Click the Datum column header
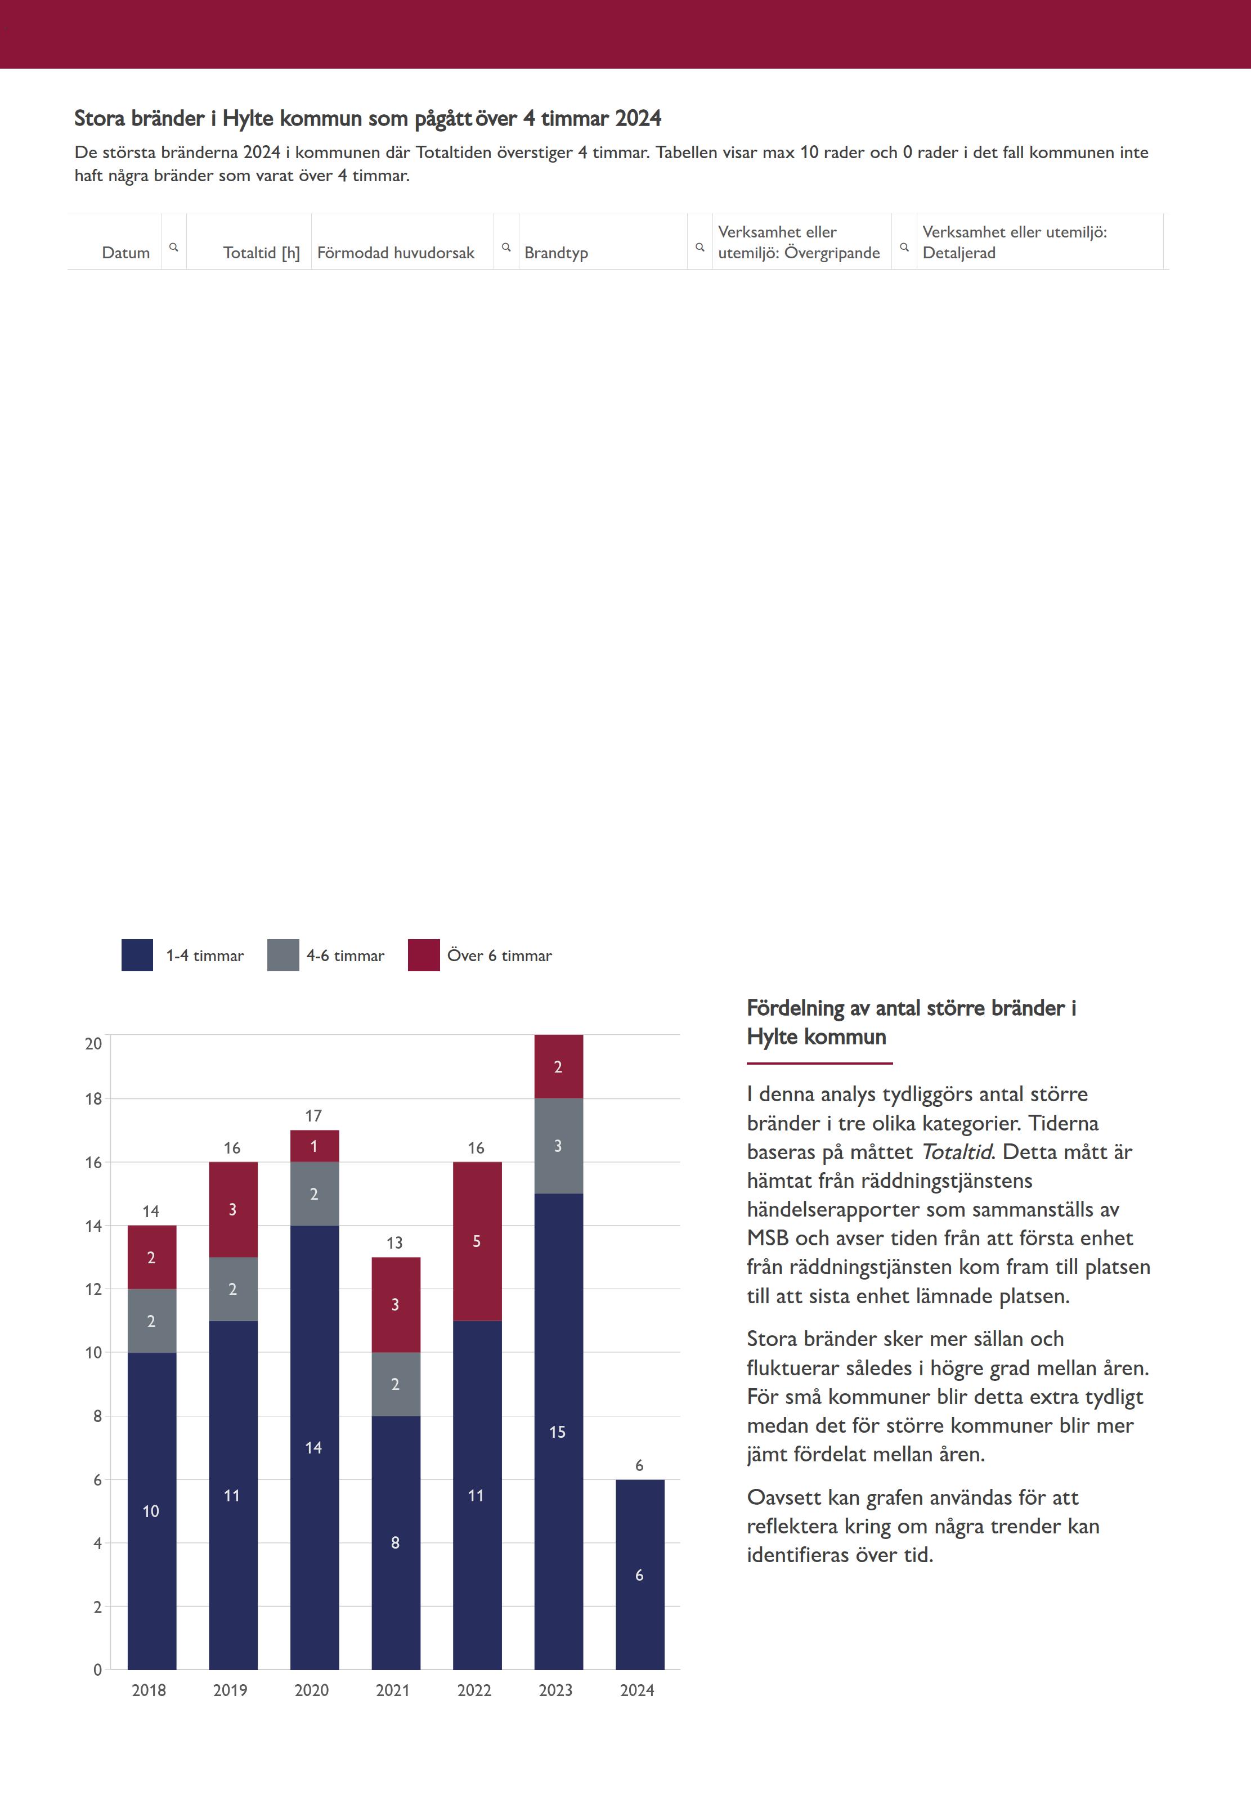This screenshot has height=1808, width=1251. [x=125, y=252]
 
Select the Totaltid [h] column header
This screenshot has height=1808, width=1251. [x=261, y=252]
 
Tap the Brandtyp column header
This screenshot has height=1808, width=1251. [x=556, y=252]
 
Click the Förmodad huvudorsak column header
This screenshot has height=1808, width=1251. [x=396, y=252]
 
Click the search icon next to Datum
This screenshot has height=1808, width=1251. [x=174, y=247]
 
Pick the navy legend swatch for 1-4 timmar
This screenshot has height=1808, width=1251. [x=137, y=955]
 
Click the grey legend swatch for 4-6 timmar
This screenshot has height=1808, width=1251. [x=283, y=955]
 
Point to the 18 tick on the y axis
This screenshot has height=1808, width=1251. [x=94, y=1099]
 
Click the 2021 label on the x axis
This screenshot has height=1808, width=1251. [x=393, y=1690]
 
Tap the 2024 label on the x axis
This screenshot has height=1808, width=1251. [x=637, y=1690]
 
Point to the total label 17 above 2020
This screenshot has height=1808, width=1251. [x=313, y=1115]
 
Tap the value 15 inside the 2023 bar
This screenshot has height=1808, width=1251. [x=557, y=1432]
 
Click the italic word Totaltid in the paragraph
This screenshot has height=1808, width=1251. [x=956, y=1152]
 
